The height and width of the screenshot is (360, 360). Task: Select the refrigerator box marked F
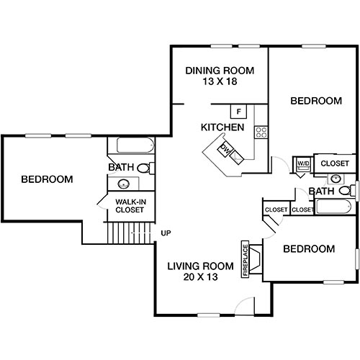click(239, 112)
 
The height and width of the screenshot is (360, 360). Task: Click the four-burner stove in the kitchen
click(261, 132)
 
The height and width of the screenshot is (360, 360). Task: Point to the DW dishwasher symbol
click(225, 150)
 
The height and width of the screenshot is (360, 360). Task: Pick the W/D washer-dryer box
click(303, 164)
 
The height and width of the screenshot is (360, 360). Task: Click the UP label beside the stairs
click(166, 233)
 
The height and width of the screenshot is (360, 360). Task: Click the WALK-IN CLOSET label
click(130, 206)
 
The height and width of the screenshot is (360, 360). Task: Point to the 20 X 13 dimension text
click(192, 276)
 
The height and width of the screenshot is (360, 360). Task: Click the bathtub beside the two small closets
click(333, 209)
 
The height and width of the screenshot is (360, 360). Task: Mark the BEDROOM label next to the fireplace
click(308, 249)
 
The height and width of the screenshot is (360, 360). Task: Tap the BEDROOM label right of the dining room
click(315, 101)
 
